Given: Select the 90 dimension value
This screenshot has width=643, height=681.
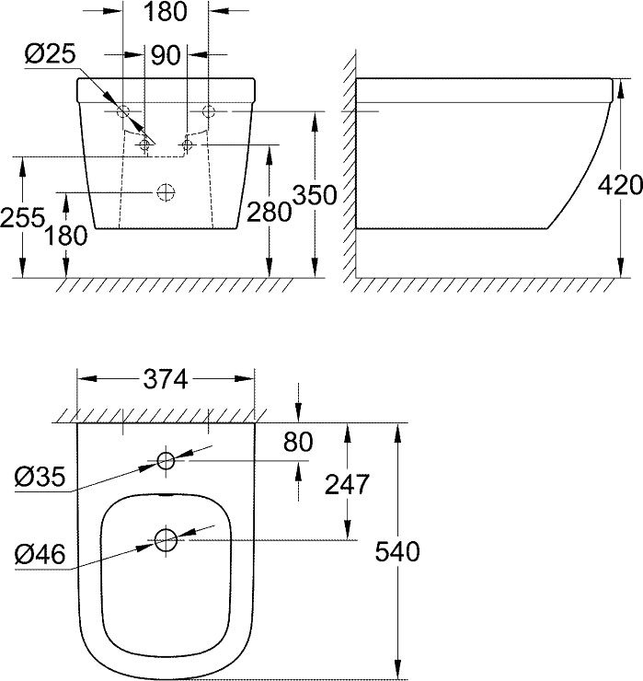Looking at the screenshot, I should point(165,55).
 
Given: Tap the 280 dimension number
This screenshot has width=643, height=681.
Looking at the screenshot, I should point(269,213).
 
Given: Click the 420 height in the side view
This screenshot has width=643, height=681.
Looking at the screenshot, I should point(619,184).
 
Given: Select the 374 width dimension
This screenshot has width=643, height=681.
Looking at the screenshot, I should point(165,378).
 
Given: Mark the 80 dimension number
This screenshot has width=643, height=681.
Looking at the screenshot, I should point(297,443).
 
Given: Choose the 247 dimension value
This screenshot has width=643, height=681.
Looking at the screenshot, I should point(348,483).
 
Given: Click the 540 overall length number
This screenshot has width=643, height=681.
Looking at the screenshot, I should point(397,551).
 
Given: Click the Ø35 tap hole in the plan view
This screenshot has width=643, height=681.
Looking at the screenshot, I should point(166,461).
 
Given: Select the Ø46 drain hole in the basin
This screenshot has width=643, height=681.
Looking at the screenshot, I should point(166,539).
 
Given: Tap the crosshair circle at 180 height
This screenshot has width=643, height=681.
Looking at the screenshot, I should point(166,191).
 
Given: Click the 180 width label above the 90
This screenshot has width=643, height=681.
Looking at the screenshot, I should point(165,12).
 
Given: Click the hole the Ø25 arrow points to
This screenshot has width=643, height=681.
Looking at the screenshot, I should point(124,111).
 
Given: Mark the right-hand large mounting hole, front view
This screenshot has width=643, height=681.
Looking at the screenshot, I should point(208,111).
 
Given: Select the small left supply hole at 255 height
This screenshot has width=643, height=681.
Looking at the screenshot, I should point(144,144).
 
